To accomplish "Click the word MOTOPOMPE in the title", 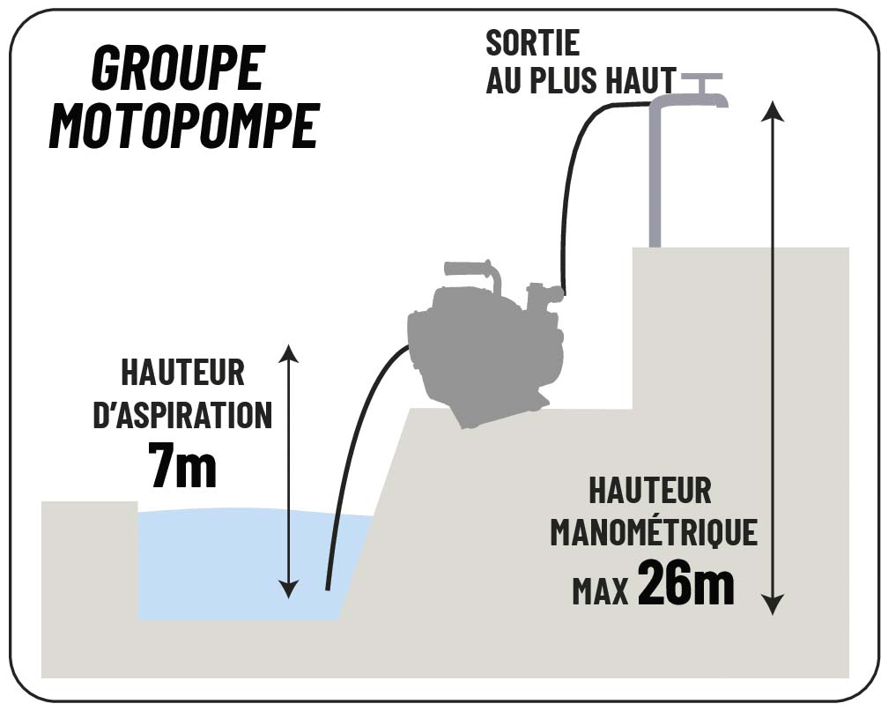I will (182, 126).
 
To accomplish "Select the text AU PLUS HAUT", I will (581, 80).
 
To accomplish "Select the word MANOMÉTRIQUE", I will (653, 532).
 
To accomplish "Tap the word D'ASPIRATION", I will (182, 415).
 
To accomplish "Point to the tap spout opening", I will (722, 101).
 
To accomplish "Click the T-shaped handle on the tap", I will (700, 78).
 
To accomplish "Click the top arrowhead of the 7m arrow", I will (288, 353).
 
